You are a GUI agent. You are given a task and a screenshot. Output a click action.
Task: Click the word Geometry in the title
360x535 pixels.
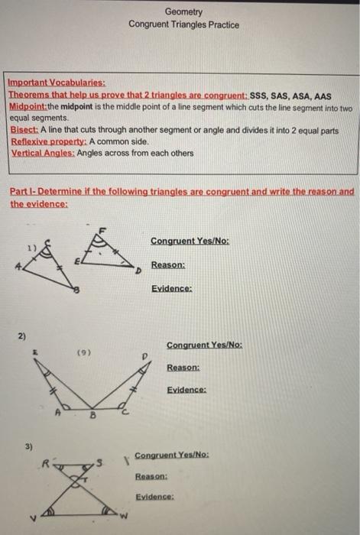183,12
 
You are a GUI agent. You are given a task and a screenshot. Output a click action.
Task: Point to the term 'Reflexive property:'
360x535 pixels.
48,142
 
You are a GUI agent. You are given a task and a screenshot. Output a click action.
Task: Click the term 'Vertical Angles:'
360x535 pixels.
42,153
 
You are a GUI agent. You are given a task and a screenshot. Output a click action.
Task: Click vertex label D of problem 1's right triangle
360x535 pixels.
138,271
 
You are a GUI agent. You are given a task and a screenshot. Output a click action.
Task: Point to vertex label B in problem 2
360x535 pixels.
93,417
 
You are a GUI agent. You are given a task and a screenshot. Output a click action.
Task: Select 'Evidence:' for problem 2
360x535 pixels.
186,390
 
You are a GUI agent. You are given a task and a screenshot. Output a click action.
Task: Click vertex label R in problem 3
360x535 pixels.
46,462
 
